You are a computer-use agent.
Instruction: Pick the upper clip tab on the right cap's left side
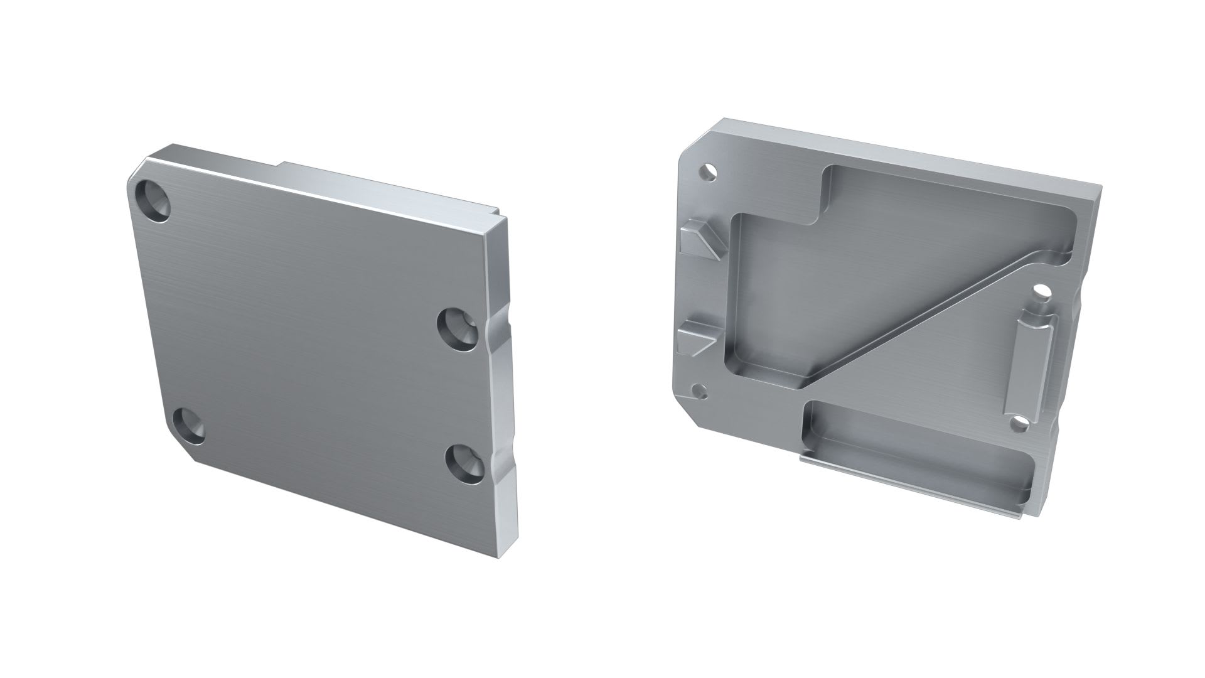[x=700, y=240]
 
